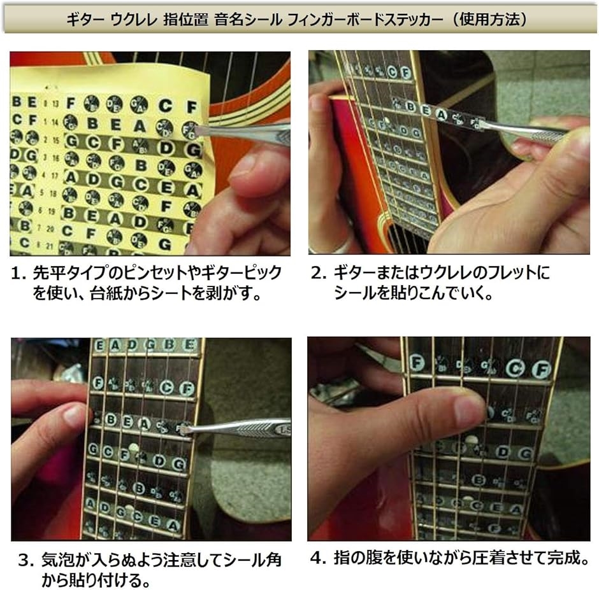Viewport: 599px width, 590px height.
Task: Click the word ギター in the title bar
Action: click(x=87, y=19)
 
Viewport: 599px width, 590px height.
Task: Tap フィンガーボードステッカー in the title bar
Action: click(x=366, y=19)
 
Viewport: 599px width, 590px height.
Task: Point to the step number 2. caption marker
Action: click(x=319, y=274)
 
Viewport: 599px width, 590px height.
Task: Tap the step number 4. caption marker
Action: click(x=318, y=559)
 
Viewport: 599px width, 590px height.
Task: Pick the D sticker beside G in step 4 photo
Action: click(x=503, y=452)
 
